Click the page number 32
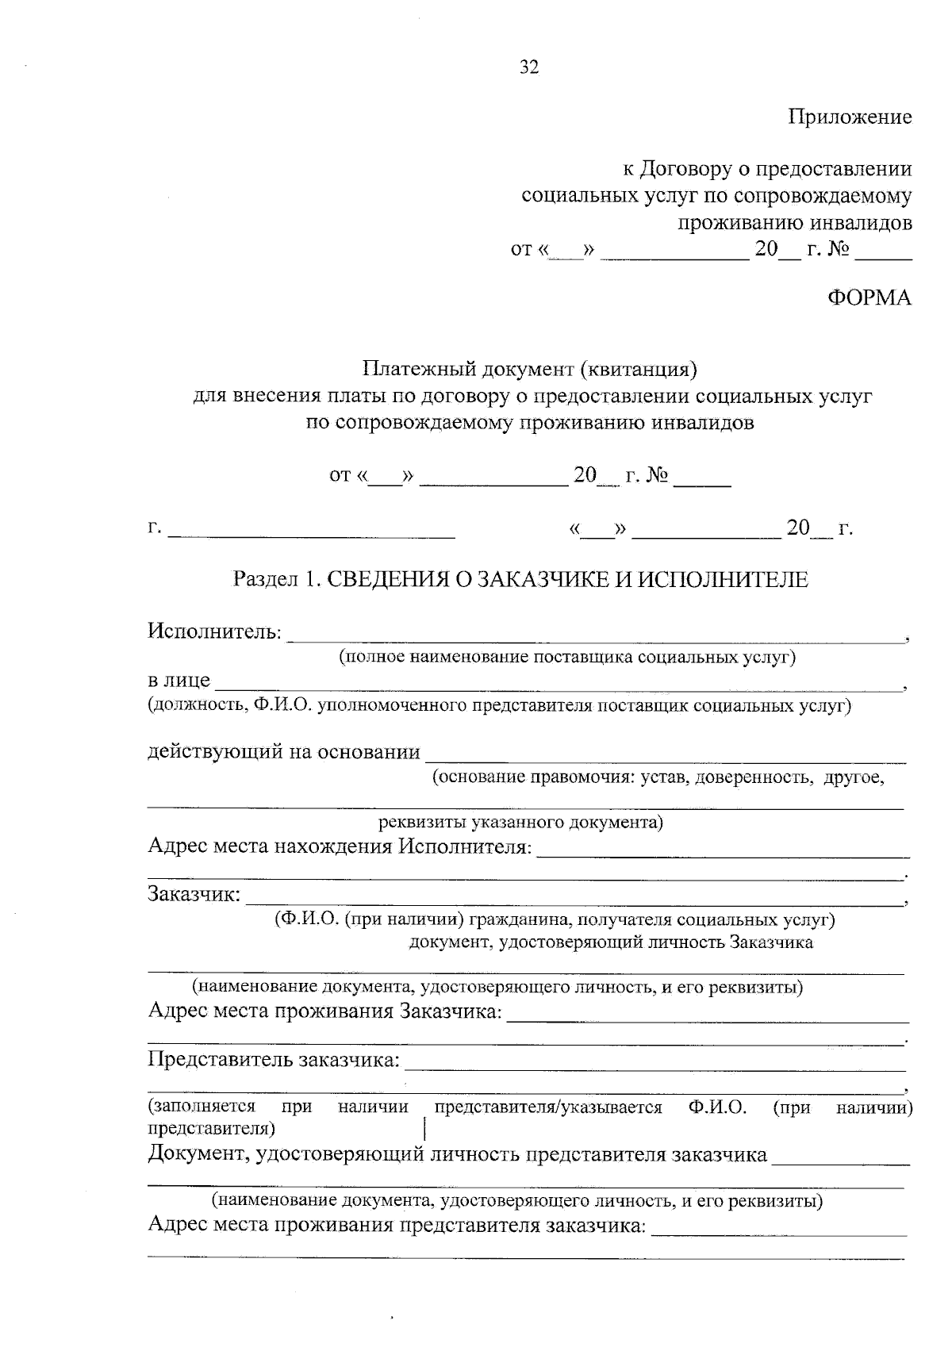pos(529,67)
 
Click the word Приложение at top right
pos(850,117)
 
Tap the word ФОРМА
pos(869,298)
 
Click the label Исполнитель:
pos(214,632)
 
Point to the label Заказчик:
pos(194,895)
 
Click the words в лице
pos(178,681)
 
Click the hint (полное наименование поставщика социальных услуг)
pos(567,657)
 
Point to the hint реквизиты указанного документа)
pos(520,822)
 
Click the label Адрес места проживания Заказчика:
pos(325,1012)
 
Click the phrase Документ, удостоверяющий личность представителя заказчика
pos(458,1154)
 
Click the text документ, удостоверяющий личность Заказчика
pos(611,942)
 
